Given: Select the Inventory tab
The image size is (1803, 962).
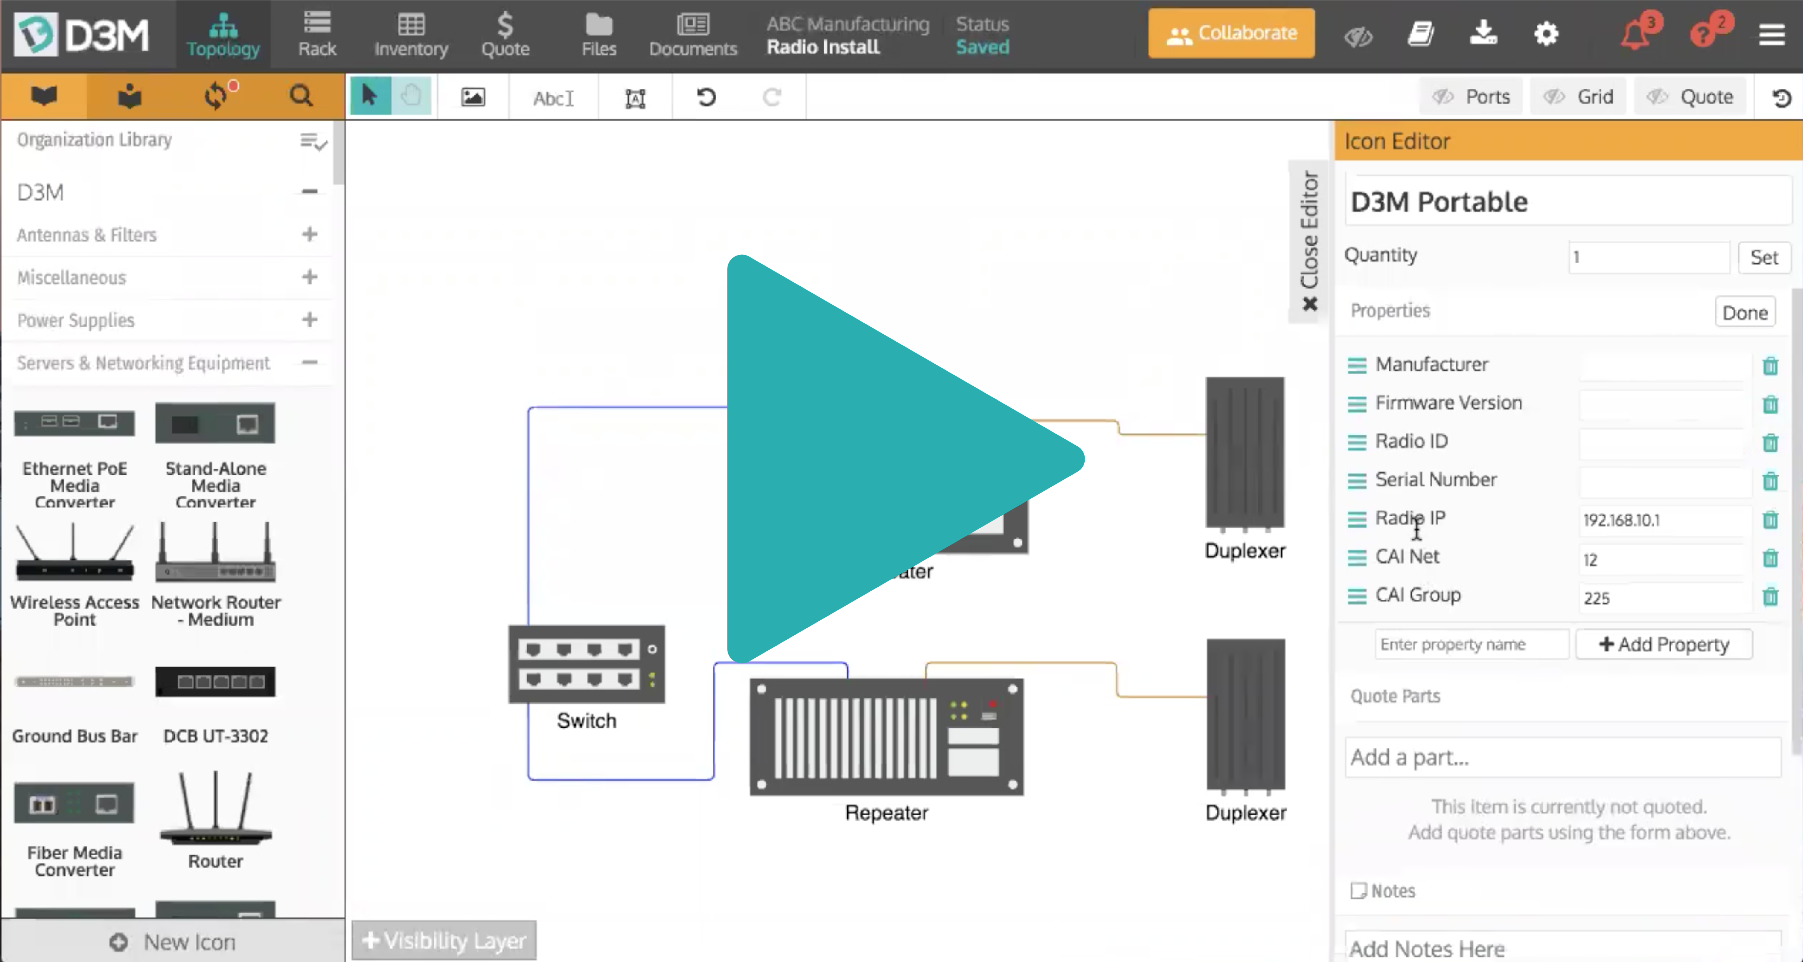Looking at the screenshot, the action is point(411,34).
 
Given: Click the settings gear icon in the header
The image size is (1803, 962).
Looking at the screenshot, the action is point(1546,34).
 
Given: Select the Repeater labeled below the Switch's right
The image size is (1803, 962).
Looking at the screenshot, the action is point(886,737).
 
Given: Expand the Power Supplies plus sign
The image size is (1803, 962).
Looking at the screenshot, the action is point(309,320).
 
